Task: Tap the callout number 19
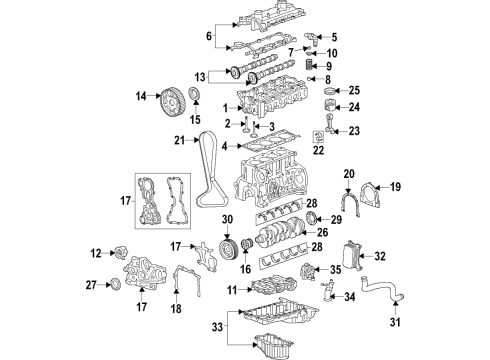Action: [393, 186]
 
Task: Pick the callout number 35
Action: [336, 269]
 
